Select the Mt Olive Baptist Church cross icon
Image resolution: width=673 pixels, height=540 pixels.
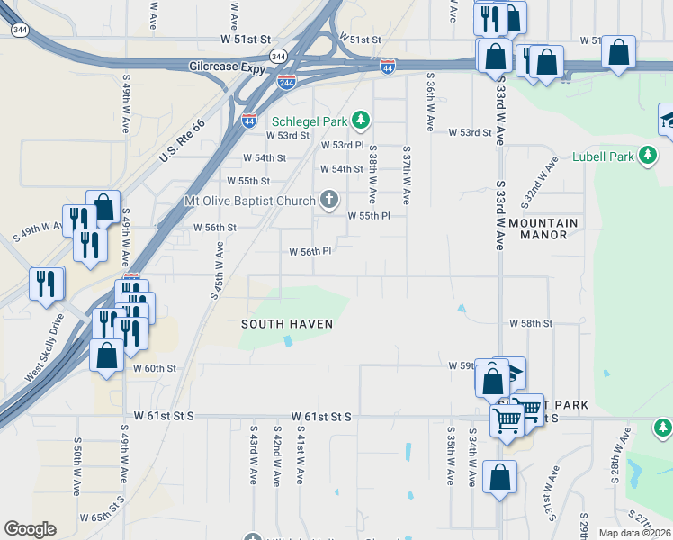coord(330,200)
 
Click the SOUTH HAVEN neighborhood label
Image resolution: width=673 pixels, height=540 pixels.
coord(287,324)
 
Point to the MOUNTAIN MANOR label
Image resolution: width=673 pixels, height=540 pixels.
coord(543,229)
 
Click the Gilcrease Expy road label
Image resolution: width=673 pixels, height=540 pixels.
coord(229,67)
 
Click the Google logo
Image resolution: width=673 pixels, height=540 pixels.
coord(31,529)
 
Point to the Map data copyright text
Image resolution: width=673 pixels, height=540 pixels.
coord(633,533)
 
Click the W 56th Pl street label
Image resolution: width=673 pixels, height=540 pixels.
coord(310,252)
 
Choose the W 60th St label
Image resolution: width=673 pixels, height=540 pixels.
coord(154,368)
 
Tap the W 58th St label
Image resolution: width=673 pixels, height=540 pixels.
coord(530,322)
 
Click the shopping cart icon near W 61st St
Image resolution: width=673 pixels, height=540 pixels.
coord(507,420)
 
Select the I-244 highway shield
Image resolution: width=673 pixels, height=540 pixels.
coord(287,81)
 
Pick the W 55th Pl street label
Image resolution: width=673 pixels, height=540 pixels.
coord(369,216)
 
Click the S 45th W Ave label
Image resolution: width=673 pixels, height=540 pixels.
coord(219,269)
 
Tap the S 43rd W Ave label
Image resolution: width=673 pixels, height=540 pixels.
coord(255,455)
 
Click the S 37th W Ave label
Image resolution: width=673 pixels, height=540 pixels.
coord(407,175)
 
